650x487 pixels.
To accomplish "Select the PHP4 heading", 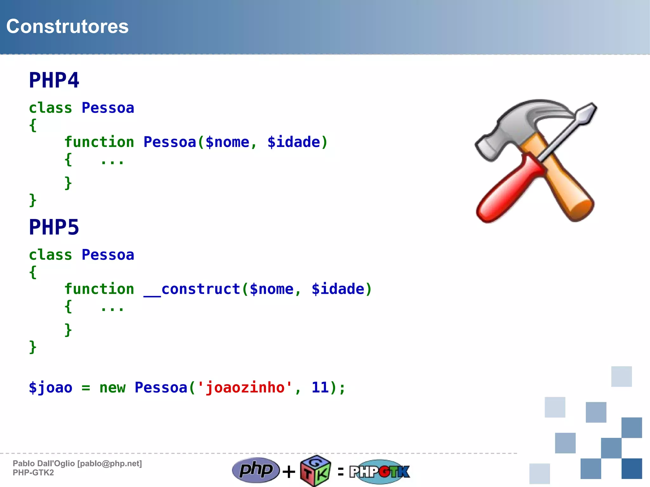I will click(54, 80).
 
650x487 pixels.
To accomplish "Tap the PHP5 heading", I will click(54, 227).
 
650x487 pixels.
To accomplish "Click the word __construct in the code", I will click(192, 289).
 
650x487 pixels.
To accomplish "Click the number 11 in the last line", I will click(320, 387).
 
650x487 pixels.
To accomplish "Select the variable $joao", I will click(50, 388).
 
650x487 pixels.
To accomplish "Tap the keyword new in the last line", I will click(112, 388).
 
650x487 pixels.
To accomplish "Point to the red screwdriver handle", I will click(505, 190).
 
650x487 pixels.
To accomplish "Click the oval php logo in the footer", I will click(256, 470).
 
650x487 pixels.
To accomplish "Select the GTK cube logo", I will click(315, 471).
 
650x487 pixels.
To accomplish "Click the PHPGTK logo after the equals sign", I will click(380, 471).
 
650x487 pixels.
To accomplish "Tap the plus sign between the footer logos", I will click(289, 471).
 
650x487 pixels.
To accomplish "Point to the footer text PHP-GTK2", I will click(33, 473).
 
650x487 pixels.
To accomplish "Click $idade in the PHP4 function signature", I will click(294, 142).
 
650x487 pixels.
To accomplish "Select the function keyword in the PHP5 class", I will click(99, 289).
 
